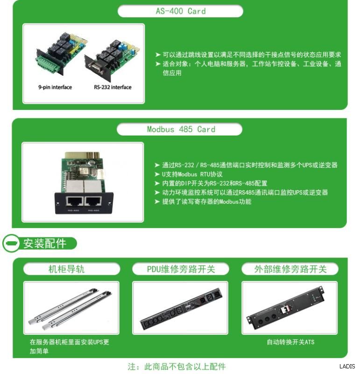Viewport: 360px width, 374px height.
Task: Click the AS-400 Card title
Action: [x=181, y=11]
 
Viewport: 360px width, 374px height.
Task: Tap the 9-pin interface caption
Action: [x=55, y=87]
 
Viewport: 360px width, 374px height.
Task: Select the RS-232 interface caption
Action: [x=113, y=87]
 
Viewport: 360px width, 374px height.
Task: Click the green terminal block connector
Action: [x=48, y=64]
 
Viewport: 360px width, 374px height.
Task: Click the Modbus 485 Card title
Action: [x=181, y=129]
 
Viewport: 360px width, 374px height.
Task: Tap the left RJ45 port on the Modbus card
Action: [x=75, y=201]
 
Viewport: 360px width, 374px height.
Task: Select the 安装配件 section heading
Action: [x=45, y=244]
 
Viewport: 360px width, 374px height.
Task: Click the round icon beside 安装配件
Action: [x=11, y=243]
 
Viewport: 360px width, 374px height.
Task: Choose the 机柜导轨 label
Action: [x=66, y=269]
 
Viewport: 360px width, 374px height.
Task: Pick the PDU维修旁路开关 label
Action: [x=181, y=269]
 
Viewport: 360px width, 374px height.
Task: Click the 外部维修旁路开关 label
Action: [x=290, y=269]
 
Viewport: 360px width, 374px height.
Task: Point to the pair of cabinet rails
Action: [x=71, y=308]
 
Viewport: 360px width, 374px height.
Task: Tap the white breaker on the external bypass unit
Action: [x=285, y=310]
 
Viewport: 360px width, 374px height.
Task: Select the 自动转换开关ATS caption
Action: [x=290, y=342]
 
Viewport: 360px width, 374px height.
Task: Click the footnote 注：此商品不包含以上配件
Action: [x=176, y=367]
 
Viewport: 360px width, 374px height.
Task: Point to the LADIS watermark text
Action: [x=347, y=366]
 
